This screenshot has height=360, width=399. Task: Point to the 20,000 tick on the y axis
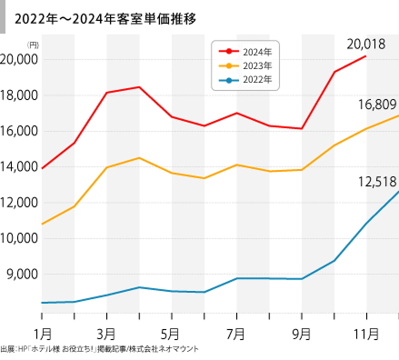18,59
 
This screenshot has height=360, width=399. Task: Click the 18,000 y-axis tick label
18,95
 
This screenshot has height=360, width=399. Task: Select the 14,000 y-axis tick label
18,166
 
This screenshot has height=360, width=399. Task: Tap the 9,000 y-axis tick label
21,274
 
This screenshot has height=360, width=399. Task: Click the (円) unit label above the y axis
33,45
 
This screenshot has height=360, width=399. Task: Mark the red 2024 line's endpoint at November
366,56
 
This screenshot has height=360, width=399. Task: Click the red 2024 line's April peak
139,87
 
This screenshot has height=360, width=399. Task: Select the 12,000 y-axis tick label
18,202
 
